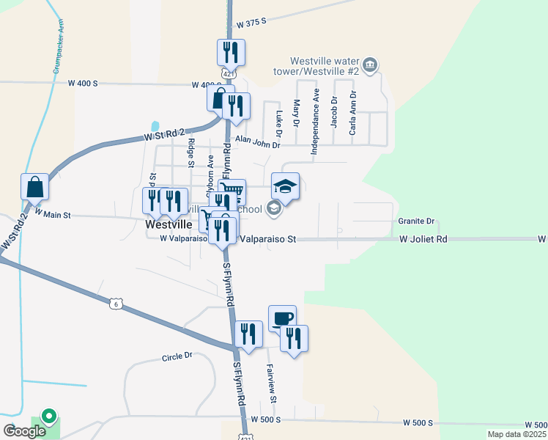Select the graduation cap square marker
(x=286, y=186)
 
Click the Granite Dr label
(x=416, y=221)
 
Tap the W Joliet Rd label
(x=423, y=239)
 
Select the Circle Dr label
(x=177, y=356)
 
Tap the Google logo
(x=24, y=431)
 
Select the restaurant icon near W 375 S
(x=232, y=52)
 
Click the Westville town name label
(x=168, y=225)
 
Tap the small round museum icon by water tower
(x=371, y=66)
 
